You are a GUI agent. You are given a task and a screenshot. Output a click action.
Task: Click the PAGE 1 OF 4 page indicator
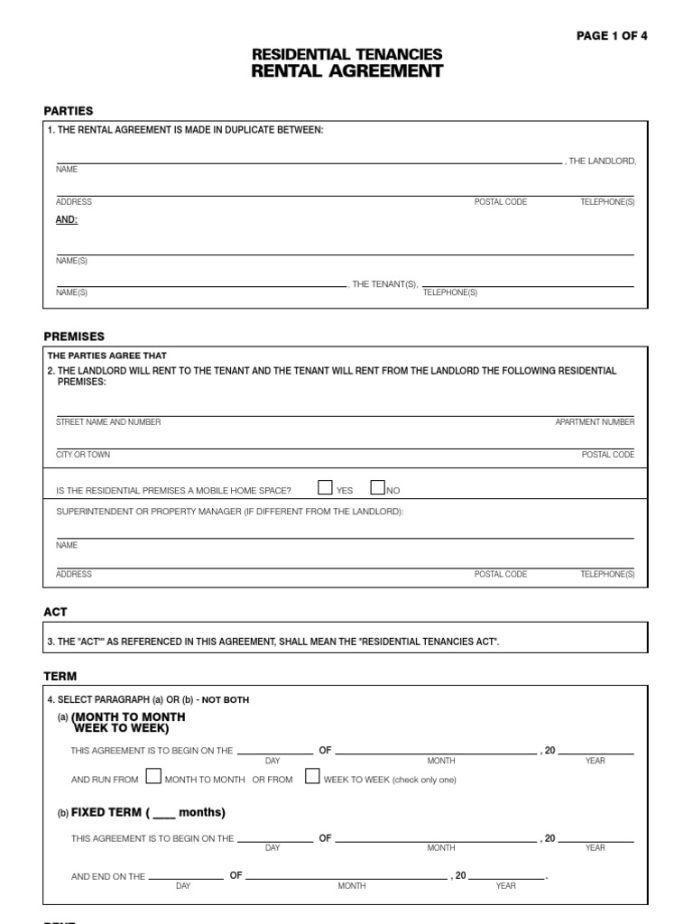pos(612,36)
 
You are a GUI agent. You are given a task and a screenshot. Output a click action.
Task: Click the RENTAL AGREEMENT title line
pos(347,72)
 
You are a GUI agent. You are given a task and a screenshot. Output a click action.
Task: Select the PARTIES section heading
pos(69,111)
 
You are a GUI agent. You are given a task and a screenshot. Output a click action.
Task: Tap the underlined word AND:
pos(67,219)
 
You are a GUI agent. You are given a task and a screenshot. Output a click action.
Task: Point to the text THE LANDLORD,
pos(603,161)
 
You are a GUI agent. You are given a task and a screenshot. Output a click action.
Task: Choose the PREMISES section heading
pos(74,337)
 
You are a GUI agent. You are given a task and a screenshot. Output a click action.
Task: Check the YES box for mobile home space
pos(326,488)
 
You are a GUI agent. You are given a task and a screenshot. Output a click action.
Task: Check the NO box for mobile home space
pos(378,488)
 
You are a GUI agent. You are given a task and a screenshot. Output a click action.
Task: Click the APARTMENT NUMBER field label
pos(595,422)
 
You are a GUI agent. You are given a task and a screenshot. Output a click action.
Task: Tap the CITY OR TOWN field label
pos(83,455)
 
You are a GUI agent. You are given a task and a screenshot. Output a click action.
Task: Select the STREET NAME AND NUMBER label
pos(108,422)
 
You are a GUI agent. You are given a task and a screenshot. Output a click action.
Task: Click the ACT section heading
pos(55,612)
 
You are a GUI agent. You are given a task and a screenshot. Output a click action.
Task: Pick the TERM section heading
pos(60,676)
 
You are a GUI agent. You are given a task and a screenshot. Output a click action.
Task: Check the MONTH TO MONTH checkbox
pos(153,777)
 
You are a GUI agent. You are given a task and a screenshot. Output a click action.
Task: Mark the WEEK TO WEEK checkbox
pos(312,777)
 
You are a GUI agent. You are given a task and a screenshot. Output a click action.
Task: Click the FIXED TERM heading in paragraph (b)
pos(113,812)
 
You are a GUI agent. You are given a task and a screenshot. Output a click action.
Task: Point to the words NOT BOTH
pos(225,699)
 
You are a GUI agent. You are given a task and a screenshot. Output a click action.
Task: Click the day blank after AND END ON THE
pos(185,876)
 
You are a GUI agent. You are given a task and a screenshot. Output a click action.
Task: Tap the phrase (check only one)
pos(425,780)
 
